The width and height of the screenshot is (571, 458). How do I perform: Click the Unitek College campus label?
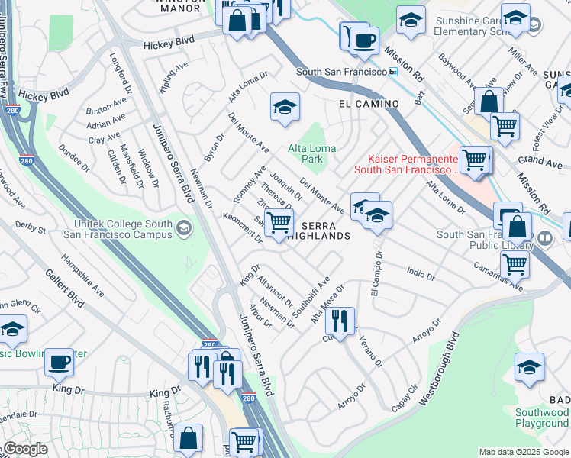pyautogui.click(x=124, y=229)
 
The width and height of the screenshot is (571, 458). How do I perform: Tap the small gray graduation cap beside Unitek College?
pyautogui.click(x=184, y=228)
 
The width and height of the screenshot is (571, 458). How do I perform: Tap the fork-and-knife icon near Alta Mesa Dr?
pyautogui.click(x=340, y=320)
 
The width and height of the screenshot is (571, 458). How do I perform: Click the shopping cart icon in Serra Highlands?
pyautogui.click(x=280, y=222)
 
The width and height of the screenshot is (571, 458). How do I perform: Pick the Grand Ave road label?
pyautogui.click(x=539, y=161)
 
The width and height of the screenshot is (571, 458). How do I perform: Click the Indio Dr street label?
pyautogui.click(x=421, y=273)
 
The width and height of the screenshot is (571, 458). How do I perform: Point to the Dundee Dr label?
pyautogui.click(x=76, y=160)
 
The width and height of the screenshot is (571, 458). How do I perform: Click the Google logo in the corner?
pyautogui.click(x=24, y=449)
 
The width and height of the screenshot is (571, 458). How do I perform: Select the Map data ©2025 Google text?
pyautogui.click(x=523, y=452)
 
